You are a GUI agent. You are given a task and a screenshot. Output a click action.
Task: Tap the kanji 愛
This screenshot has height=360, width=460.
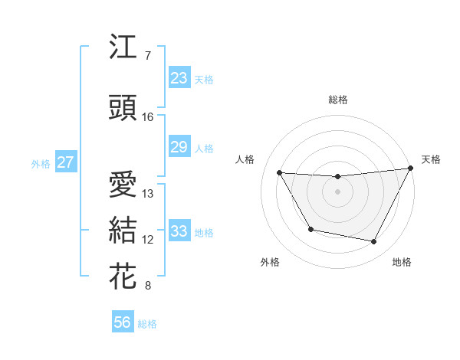(123, 185)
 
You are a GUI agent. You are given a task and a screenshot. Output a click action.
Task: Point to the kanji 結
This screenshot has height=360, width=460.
(123, 231)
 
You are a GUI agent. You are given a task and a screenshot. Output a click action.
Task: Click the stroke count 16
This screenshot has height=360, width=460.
(148, 117)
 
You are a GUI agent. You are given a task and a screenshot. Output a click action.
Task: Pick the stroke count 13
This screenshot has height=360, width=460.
(148, 194)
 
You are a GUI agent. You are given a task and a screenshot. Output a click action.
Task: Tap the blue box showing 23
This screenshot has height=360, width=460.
(179, 77)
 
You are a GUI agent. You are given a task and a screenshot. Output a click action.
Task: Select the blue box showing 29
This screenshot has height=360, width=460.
(179, 147)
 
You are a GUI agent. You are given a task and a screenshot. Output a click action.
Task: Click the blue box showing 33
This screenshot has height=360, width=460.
(179, 231)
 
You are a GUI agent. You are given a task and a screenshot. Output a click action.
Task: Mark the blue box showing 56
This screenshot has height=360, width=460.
(123, 322)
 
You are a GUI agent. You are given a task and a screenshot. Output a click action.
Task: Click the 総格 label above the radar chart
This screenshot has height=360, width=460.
(338, 100)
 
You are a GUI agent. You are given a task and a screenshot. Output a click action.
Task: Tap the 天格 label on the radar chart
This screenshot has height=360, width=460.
(431, 159)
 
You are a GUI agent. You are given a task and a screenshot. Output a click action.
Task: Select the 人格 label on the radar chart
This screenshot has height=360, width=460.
(245, 159)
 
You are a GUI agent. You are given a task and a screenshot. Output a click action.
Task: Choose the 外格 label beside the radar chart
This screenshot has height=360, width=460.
(270, 262)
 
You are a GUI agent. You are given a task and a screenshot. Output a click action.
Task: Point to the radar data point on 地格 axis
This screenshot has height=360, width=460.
(374, 242)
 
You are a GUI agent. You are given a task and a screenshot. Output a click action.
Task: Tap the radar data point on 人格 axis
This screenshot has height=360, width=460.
(280, 173)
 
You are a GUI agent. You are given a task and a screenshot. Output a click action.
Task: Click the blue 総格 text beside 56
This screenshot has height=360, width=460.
(147, 324)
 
